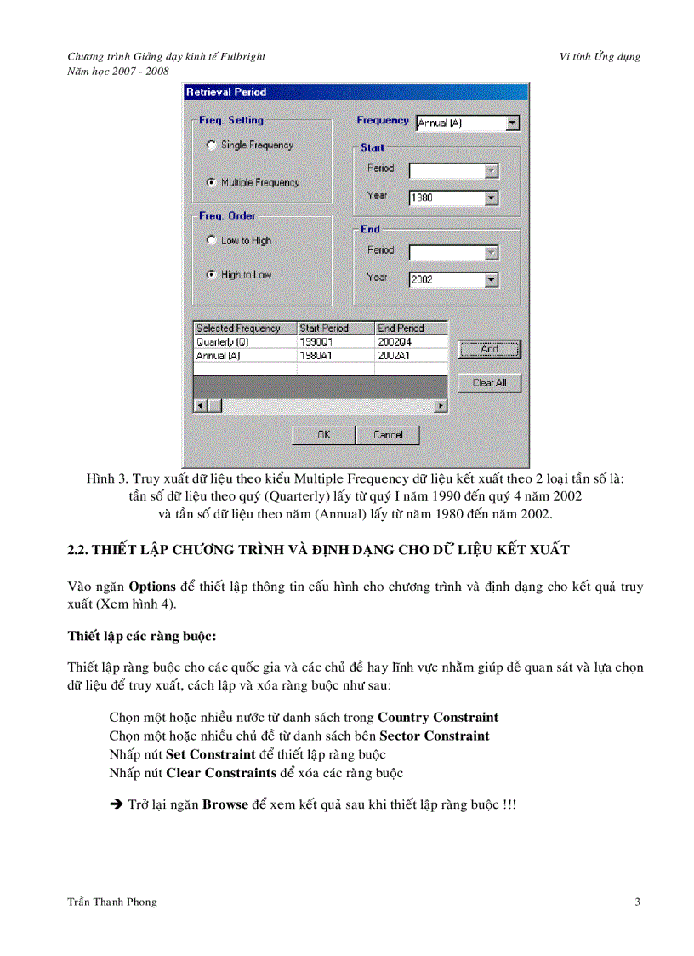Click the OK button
click(x=324, y=434)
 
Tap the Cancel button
click(x=388, y=434)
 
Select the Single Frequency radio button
click(x=211, y=146)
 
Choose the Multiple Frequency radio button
click(x=211, y=183)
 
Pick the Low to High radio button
click(x=211, y=241)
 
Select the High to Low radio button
click(x=211, y=275)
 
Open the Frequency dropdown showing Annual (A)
click(x=467, y=123)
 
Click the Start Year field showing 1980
click(x=447, y=198)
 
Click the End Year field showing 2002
click(x=447, y=279)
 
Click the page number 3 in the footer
click(x=637, y=902)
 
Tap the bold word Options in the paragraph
click(x=152, y=587)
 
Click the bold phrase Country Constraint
click(x=438, y=718)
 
